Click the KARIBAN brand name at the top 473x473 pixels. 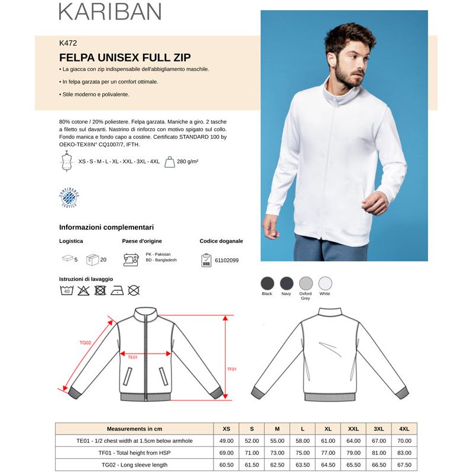coord(110,11)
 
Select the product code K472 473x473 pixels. coord(68,43)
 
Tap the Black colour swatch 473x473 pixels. coord(267,283)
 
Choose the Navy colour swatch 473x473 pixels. coord(286,283)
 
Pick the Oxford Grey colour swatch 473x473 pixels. coord(305,283)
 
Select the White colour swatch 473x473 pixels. coord(325,283)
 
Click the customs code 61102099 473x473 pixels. coord(228,260)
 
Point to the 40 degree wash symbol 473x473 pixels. coord(66,290)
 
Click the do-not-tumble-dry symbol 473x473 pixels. coord(100,290)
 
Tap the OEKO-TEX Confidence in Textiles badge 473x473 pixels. coord(70,197)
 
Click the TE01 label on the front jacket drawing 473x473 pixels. coord(133,357)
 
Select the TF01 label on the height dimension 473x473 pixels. coord(232,369)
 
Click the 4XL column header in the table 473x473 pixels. coord(404,429)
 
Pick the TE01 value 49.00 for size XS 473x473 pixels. coord(226,440)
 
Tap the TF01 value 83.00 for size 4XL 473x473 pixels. coord(404,453)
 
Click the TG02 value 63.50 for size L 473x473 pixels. coord(303,465)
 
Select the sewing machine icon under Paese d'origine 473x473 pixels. coord(131,259)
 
